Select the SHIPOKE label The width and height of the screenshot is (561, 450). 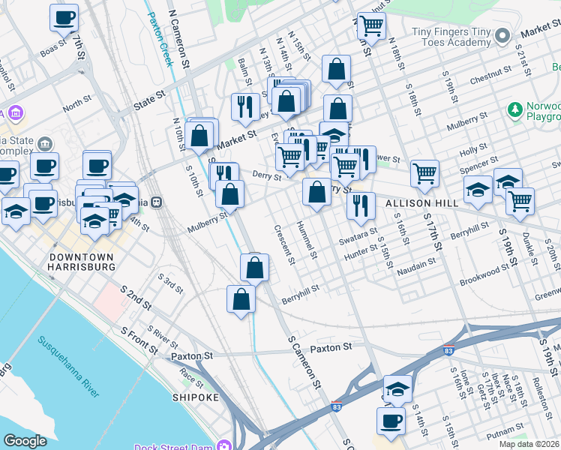pos(196,397)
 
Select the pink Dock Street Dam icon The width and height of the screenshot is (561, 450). pos(224,447)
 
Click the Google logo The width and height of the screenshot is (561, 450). pos(25,441)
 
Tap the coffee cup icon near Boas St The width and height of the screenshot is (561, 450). pos(64,17)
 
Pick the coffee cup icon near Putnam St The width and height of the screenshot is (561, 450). pos(391,421)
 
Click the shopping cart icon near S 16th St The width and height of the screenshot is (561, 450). pos(424,174)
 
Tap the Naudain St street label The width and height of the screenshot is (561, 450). pos(416,265)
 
